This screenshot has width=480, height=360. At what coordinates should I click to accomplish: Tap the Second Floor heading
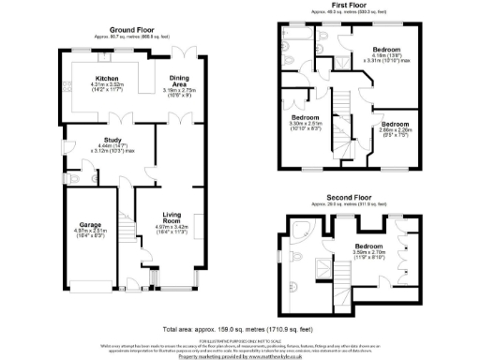[x=348, y=199]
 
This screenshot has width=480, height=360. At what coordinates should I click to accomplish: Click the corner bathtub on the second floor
[x=301, y=232]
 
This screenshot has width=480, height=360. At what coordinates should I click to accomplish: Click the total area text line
[x=239, y=329]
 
